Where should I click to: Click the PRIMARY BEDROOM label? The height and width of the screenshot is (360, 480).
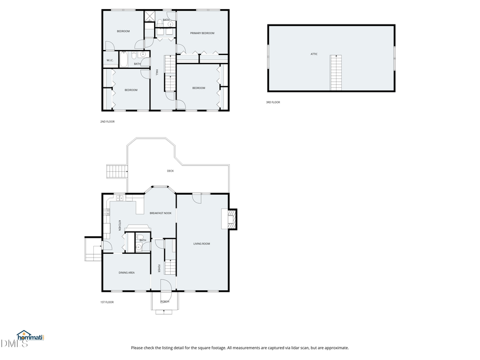(202, 33)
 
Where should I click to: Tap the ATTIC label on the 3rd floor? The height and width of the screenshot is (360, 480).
(314, 54)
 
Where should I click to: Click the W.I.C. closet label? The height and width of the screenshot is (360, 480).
(109, 60)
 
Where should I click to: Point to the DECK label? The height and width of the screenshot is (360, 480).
(170, 171)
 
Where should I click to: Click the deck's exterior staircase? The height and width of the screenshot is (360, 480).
(116, 171)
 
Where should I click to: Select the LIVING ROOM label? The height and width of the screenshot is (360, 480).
(202, 244)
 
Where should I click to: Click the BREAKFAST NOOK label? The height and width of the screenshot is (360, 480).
(160, 213)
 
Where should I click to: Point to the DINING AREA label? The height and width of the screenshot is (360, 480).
(126, 273)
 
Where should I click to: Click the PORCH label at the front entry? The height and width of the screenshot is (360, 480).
(165, 301)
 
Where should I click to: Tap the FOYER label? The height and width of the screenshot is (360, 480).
(159, 268)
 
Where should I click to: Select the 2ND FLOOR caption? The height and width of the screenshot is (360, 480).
(107, 122)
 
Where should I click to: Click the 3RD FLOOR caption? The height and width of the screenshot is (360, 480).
(273, 102)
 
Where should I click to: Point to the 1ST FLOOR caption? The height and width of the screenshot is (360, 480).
(107, 302)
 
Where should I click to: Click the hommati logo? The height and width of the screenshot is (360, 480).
(30, 337)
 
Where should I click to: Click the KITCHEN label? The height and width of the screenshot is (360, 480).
(119, 226)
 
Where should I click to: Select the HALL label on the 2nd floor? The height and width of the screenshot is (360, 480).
(157, 73)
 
